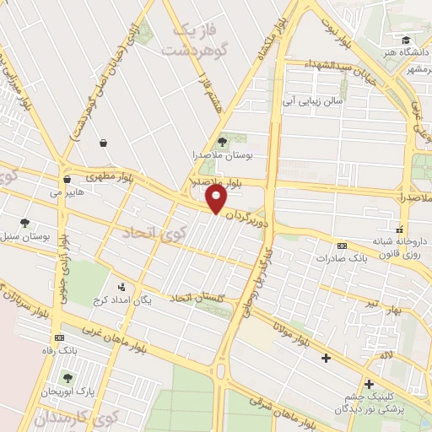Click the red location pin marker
[x=217, y=199]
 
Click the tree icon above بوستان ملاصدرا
[x=222, y=142]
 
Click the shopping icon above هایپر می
[x=66, y=180]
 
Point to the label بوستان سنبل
[x=27, y=236]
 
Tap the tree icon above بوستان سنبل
[x=25, y=224]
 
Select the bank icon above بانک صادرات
[x=341, y=246]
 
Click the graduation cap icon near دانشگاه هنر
[x=406, y=40]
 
